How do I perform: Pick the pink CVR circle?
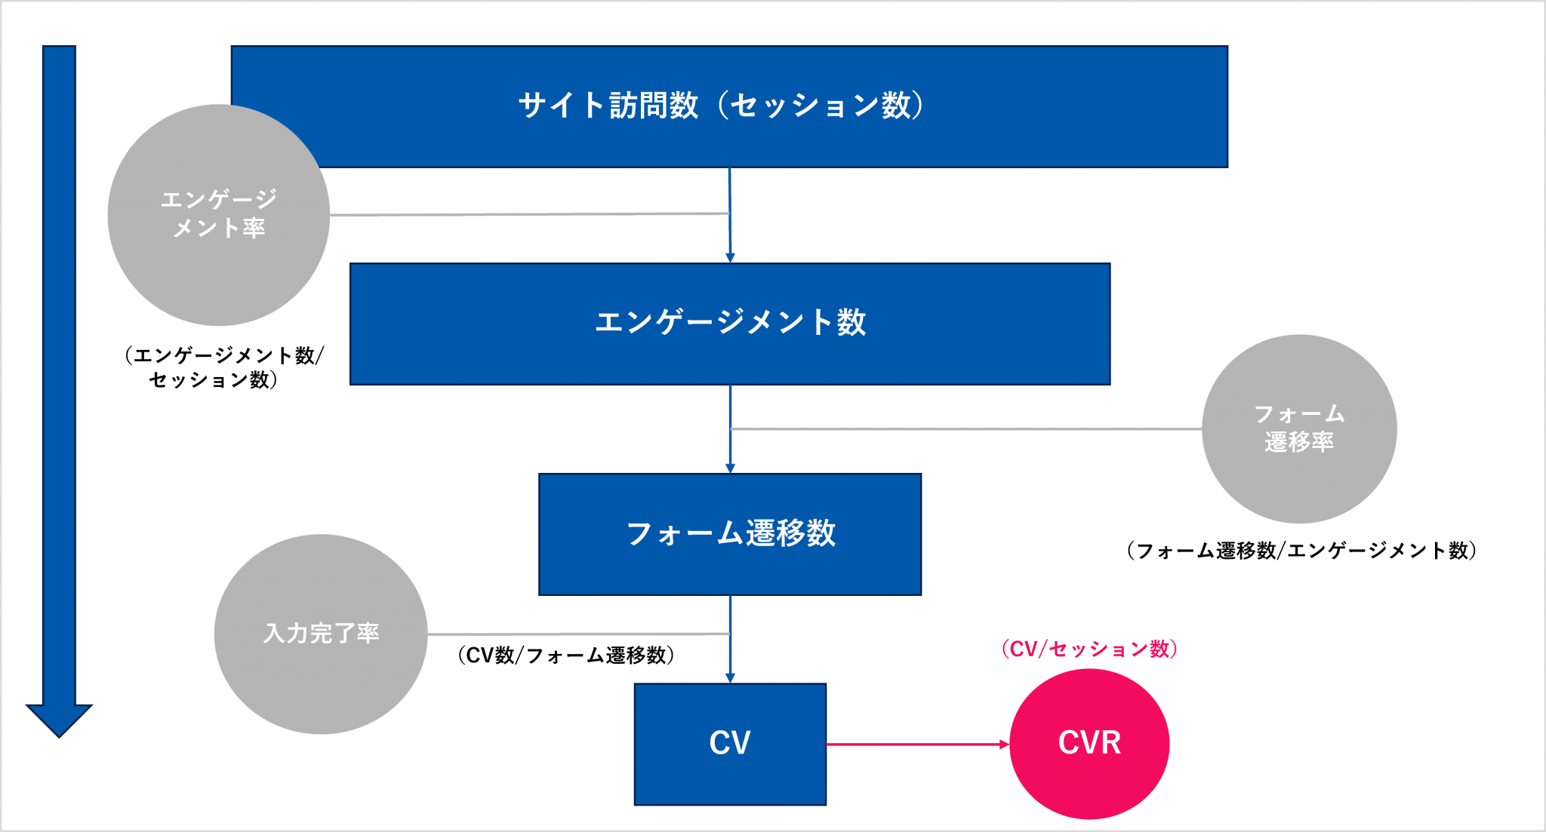[x=1089, y=784]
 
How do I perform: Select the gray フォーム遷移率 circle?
[x=1299, y=483]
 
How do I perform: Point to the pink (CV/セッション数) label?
[x=1089, y=649]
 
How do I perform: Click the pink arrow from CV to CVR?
[x=917, y=744]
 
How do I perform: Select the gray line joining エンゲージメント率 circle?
[x=528, y=214]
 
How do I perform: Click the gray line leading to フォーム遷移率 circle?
[x=966, y=429]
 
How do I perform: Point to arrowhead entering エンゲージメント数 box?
[x=730, y=258]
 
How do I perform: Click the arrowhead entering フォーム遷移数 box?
[x=730, y=468]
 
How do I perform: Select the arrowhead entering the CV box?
[x=730, y=679]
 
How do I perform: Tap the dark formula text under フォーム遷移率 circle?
[x=1301, y=550]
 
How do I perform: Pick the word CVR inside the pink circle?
[x=1089, y=743]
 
